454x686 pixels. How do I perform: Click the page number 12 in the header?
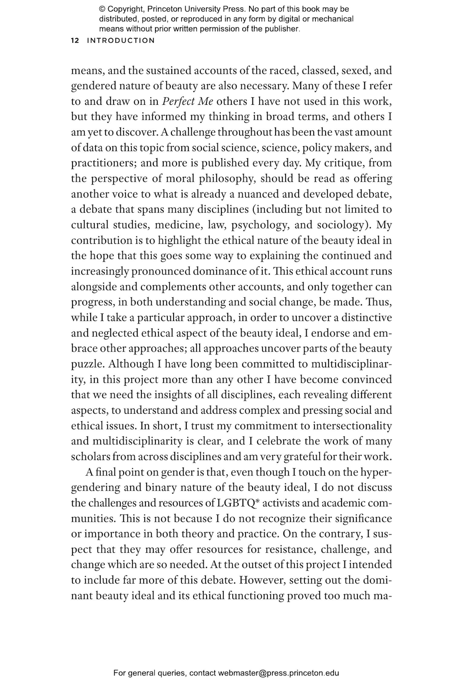coord(75,41)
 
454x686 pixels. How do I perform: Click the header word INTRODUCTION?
coord(121,41)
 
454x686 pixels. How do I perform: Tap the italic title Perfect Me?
coord(187,101)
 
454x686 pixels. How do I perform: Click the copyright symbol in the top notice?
coord(102,9)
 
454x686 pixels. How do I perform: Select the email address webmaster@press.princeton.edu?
coord(278,673)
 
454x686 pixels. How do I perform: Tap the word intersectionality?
coord(352,426)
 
